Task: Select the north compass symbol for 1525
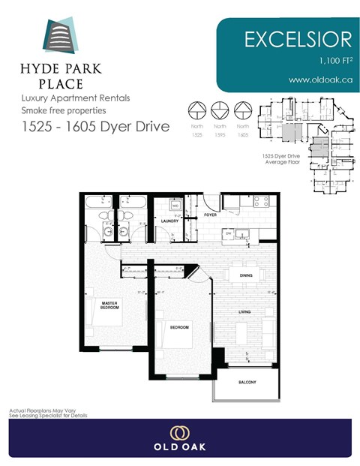(196, 110)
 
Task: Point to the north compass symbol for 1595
(220, 110)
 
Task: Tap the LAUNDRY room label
(168, 221)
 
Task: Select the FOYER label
(211, 215)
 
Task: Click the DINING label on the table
(245, 275)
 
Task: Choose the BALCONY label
(247, 383)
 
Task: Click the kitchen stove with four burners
(260, 201)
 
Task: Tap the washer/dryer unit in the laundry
(174, 204)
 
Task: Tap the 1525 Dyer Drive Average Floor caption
(280, 158)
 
